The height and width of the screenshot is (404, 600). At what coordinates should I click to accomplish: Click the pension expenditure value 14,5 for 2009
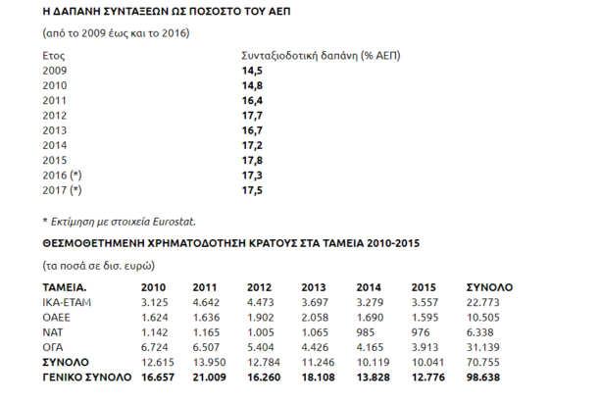click(252, 72)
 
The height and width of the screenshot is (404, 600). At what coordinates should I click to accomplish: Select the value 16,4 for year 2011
click(252, 99)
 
